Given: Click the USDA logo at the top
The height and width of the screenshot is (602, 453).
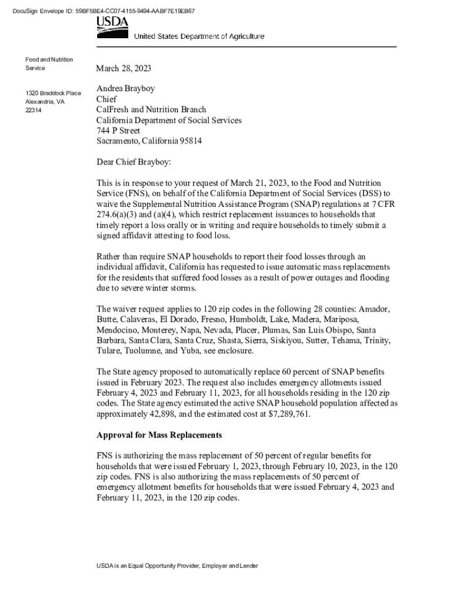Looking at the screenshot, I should point(112,26).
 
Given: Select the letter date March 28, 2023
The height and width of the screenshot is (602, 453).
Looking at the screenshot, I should point(124,69).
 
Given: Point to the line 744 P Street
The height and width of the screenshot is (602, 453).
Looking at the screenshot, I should point(118,131).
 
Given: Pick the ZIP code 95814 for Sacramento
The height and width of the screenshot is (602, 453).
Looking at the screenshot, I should point(191,141).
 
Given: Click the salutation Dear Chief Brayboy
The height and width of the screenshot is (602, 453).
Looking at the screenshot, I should point(134,162).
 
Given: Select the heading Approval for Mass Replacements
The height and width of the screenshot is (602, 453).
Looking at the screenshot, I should point(159,435).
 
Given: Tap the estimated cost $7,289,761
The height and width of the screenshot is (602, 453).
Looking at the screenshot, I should point(288,414).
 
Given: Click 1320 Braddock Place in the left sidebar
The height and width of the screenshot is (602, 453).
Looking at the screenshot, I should point(53,93).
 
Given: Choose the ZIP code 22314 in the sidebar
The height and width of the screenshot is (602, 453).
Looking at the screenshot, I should point(33,111).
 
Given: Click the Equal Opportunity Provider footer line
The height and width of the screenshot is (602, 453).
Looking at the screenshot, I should point(177,566).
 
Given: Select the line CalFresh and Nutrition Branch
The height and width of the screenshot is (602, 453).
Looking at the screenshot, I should point(151,109).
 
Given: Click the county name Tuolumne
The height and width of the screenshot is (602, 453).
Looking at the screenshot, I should point(144,351).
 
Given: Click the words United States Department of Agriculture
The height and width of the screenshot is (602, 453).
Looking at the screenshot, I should point(199,36).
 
